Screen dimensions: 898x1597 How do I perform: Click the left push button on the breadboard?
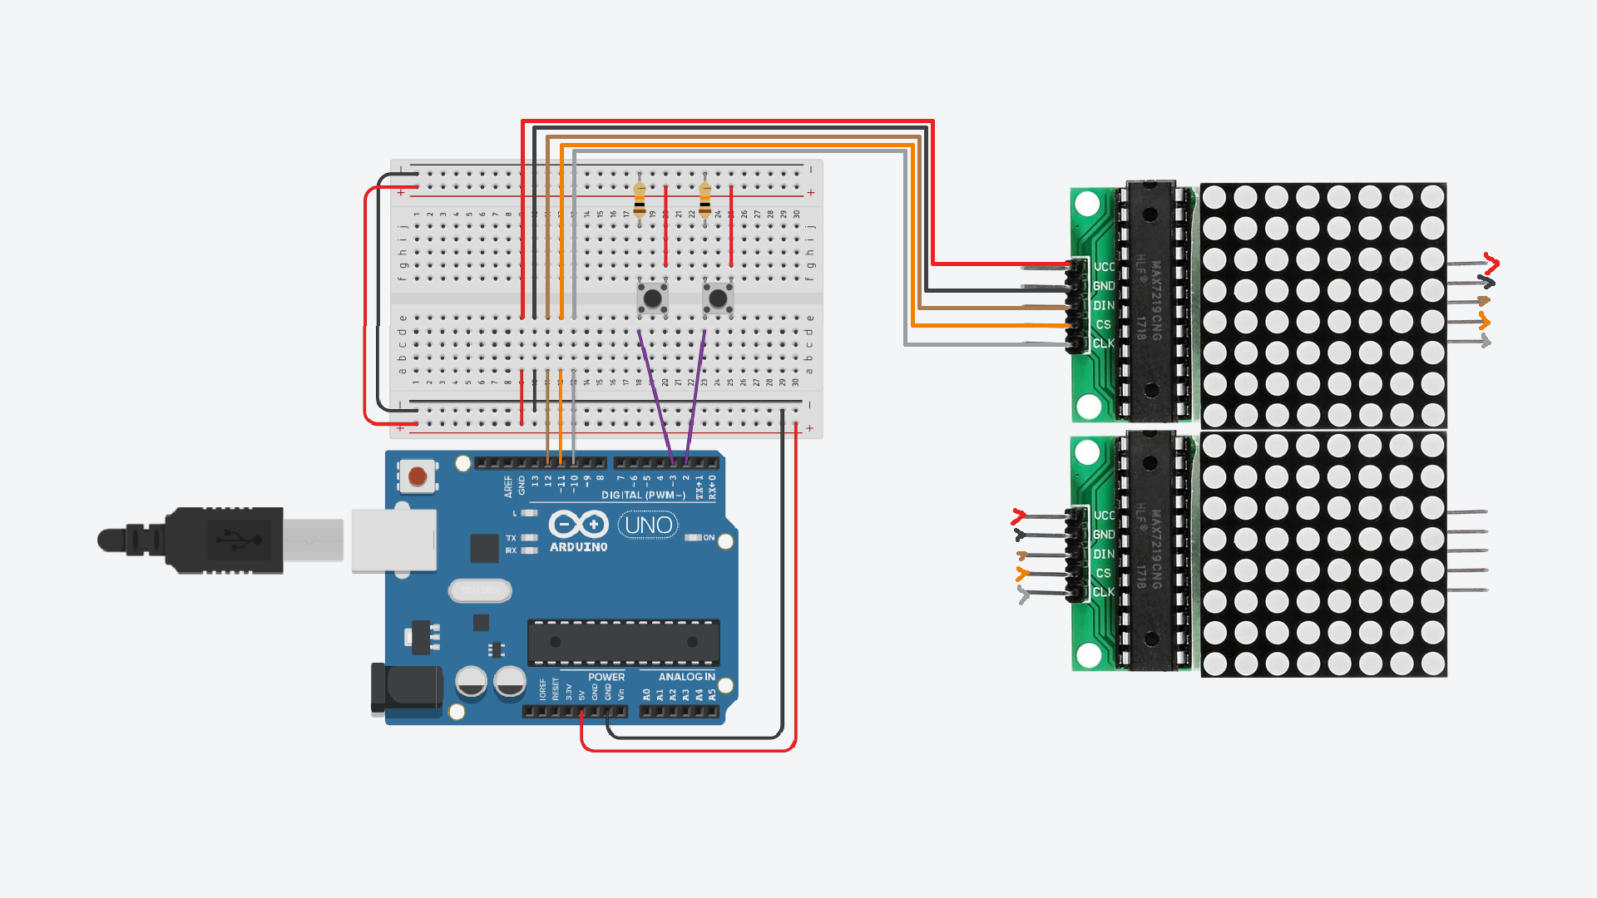(652, 298)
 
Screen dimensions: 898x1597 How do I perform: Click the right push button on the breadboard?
(718, 298)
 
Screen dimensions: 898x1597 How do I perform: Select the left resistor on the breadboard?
(639, 200)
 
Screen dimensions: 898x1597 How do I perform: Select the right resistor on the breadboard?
(705, 200)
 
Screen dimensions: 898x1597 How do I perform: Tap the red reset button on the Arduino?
(418, 476)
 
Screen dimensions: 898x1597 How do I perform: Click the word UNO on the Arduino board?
(648, 525)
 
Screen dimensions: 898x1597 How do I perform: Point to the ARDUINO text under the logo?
(578, 547)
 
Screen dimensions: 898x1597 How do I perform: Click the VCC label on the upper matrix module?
(1104, 267)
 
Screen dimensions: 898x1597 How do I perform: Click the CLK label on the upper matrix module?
(1104, 343)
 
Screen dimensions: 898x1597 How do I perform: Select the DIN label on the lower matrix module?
(1104, 555)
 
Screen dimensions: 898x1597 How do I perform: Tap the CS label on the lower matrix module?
(1103, 574)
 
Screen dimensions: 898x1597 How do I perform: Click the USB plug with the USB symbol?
(225, 540)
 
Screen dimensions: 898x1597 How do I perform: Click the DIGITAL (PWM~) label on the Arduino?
(643, 496)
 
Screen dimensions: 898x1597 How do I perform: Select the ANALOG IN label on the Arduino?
(686, 677)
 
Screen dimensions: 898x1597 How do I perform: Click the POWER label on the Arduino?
(606, 677)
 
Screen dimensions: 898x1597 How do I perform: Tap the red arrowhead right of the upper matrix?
(1491, 264)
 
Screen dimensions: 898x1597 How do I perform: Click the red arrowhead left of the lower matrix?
(1018, 516)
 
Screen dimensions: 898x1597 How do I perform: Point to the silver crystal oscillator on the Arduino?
(480, 590)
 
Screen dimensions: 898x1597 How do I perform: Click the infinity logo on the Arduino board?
(578, 525)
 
